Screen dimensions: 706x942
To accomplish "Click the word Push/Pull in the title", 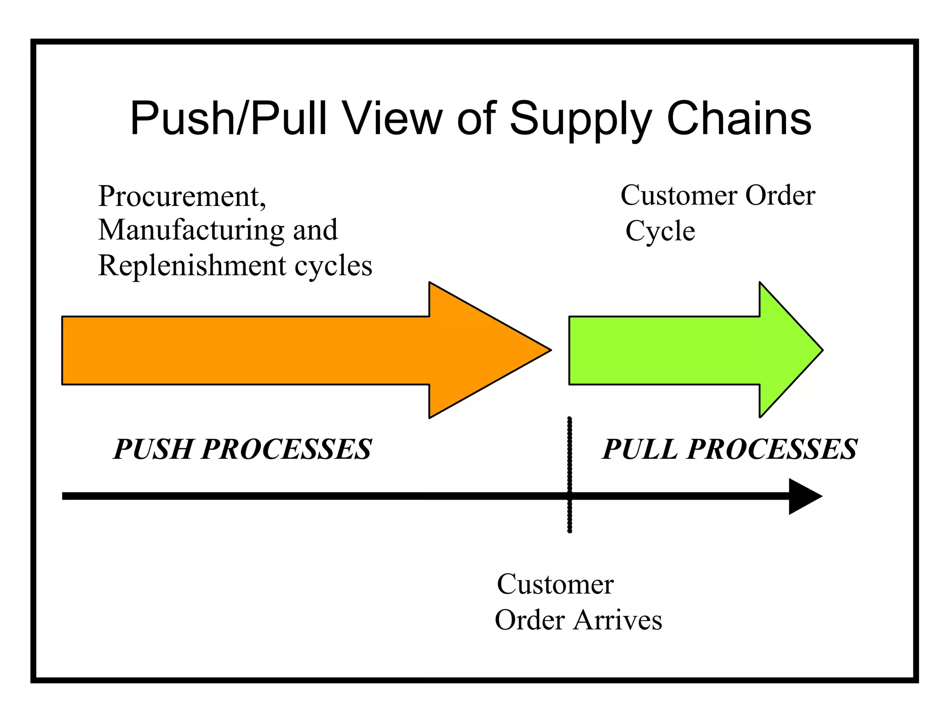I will click(x=228, y=119).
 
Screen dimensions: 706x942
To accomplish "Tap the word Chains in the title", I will click(x=739, y=119).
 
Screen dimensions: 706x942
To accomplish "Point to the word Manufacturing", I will click(x=191, y=231).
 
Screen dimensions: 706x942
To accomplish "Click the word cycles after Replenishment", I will click(x=333, y=267).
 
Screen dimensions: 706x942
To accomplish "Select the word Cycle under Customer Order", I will click(x=660, y=232).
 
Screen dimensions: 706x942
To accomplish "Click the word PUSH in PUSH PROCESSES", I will click(x=153, y=449).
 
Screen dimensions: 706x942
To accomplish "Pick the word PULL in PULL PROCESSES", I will click(x=640, y=449).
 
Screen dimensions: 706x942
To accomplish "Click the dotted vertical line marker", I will click(x=569, y=460).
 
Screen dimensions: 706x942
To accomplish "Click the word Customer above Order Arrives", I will click(x=555, y=585).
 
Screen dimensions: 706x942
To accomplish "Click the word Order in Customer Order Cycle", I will click(x=780, y=196).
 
